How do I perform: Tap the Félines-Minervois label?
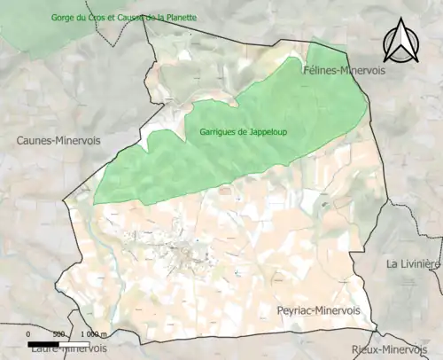[x=344, y=70]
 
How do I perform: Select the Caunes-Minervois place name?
[x=58, y=140]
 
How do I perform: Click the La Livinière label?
[x=414, y=264]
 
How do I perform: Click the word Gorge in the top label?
[x=40, y=18]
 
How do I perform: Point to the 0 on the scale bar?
[x=29, y=334]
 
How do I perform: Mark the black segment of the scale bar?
[x=43, y=343]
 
